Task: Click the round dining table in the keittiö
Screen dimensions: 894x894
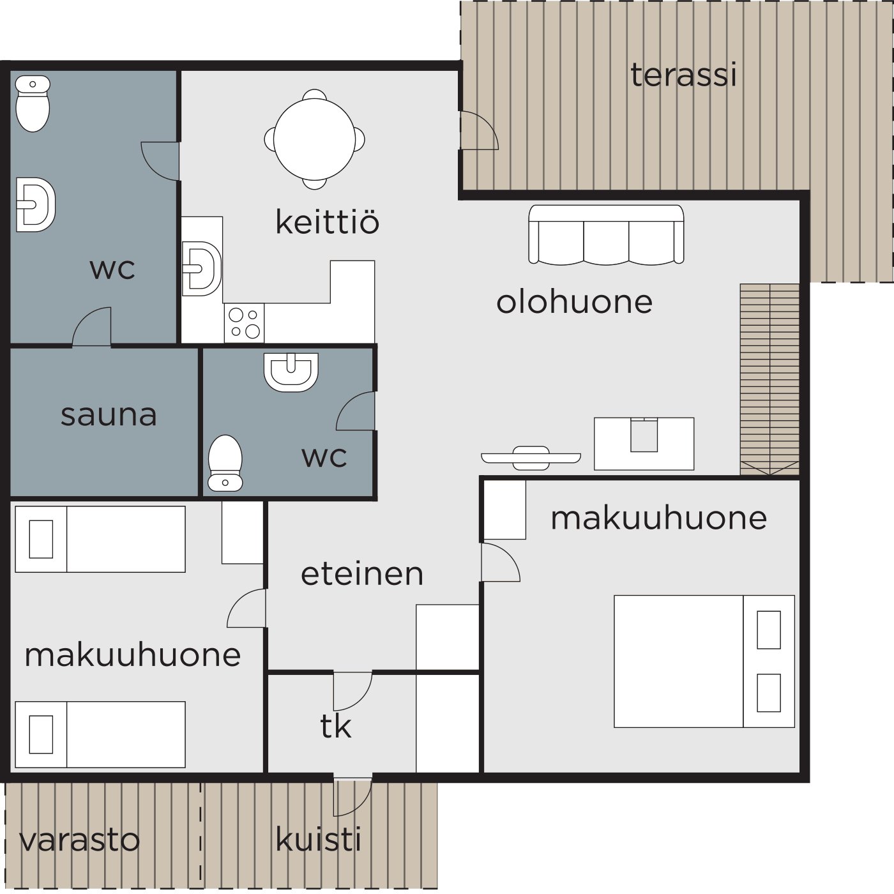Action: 315,139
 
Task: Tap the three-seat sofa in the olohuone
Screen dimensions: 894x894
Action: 606,235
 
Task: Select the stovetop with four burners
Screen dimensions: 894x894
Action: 244,323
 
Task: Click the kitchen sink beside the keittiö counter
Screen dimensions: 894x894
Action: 201,269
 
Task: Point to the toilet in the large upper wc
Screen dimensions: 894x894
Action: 33,103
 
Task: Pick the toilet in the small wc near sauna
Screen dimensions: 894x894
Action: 225,462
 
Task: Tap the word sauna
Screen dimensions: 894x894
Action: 109,415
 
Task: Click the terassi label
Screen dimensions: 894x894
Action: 683,75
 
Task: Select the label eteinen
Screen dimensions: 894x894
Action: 362,574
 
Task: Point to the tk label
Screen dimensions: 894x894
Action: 335,726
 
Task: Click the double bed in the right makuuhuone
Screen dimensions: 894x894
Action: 704,661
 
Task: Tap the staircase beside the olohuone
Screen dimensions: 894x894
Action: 769,379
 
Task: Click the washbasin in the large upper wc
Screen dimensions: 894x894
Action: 36,204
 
